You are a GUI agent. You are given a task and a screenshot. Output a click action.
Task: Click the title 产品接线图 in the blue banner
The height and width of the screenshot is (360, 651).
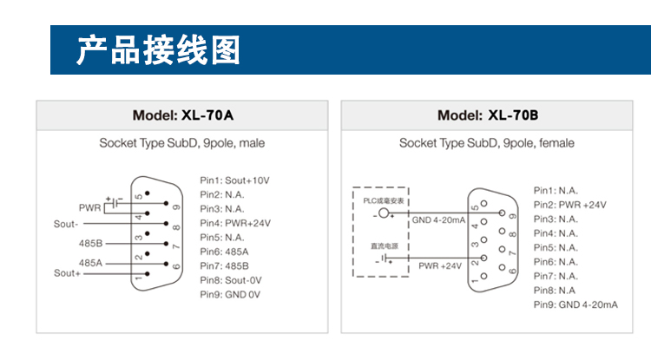[x=158, y=51]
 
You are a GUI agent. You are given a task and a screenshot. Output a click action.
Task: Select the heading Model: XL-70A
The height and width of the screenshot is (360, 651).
[x=182, y=115]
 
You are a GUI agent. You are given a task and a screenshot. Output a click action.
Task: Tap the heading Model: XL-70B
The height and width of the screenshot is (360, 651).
[x=488, y=115]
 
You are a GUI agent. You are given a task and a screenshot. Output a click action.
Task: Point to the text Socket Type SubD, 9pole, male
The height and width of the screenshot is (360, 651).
[x=182, y=143]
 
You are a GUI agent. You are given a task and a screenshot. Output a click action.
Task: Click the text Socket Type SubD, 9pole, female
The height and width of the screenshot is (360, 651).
[x=486, y=143]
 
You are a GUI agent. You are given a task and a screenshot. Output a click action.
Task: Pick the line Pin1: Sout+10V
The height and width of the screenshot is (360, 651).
[x=234, y=180]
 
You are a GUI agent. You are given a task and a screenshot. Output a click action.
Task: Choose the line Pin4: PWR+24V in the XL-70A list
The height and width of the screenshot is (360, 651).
[x=235, y=223]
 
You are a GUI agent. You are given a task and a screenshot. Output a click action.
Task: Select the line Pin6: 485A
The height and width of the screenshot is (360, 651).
[x=224, y=252]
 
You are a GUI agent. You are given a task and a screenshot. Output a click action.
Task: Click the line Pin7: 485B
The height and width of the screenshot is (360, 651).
[x=224, y=265]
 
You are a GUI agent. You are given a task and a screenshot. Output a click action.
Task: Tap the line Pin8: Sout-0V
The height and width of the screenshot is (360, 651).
[x=231, y=280]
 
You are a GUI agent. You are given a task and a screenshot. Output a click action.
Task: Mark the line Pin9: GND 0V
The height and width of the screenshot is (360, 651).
[x=230, y=295]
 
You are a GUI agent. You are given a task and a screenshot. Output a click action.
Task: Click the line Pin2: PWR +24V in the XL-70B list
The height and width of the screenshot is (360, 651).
[x=569, y=205]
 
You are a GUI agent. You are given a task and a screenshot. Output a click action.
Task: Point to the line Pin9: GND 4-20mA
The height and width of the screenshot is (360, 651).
[x=575, y=304]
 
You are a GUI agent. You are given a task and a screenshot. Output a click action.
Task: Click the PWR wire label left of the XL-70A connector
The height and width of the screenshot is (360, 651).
[x=90, y=208]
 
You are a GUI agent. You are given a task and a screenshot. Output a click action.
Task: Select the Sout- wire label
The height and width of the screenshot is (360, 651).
[x=67, y=224]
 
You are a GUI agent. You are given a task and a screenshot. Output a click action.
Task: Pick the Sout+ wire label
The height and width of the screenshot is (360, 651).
[x=67, y=273]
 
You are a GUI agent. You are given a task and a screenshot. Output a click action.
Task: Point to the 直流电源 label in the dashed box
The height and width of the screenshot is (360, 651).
[x=383, y=246]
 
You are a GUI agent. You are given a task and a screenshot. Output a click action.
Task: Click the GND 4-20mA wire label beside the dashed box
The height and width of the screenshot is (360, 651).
[x=438, y=220]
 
